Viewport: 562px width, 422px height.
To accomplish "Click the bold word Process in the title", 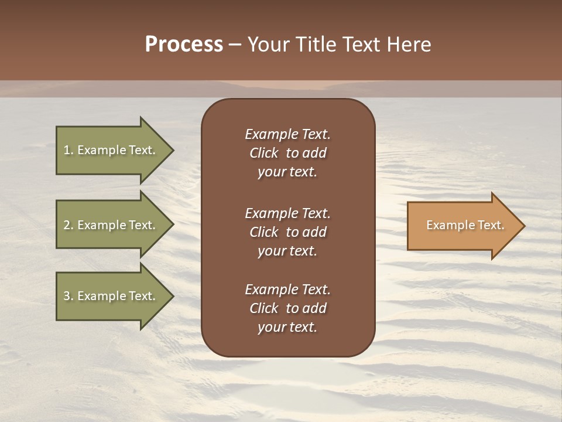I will pos(184,45).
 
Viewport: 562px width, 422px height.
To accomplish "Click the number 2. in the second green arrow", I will pos(68,225).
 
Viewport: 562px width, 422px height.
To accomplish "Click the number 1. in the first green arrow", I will pos(68,150).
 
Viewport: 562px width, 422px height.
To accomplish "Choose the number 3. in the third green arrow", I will pos(68,296).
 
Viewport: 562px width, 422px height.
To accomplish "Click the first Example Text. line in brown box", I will pos(287,134).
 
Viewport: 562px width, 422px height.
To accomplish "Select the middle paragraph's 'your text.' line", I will pos(287,251).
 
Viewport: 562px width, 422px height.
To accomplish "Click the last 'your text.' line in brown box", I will pos(287,327).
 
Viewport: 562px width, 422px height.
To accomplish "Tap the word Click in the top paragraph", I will pos(263,153).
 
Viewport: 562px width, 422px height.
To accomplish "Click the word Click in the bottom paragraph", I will pos(263,308).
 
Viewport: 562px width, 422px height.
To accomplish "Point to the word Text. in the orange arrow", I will pos(490,225).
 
